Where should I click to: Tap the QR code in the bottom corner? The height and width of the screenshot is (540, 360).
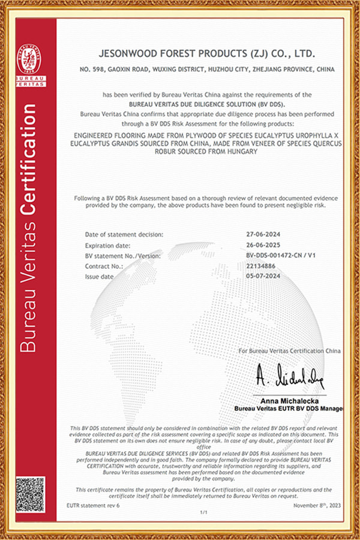31,493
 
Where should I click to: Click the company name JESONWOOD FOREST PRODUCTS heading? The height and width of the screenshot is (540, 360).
207,53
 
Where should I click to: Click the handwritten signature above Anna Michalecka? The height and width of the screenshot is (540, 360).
290,377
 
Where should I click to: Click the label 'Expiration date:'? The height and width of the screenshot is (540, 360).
109,245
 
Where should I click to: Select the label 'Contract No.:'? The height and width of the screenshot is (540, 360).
103,266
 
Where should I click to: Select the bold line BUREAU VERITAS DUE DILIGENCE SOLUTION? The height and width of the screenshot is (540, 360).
206,103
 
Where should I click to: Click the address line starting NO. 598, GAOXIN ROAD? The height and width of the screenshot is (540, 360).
207,70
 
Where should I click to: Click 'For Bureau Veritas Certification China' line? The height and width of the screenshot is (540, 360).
290,350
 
